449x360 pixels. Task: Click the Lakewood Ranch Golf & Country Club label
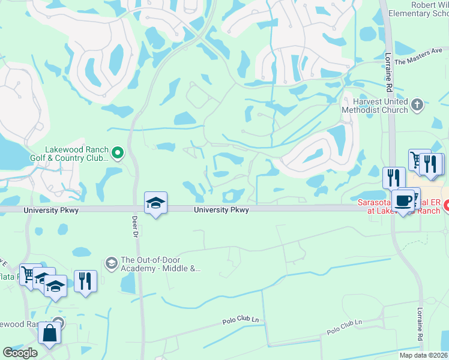(76, 154)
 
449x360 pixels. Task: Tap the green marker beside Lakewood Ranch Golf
(118, 154)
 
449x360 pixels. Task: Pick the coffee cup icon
(403, 200)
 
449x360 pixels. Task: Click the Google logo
(20, 353)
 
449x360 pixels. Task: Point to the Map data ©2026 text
(424, 355)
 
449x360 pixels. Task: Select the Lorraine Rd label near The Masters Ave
(388, 73)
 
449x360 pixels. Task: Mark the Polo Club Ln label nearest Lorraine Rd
(345, 328)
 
